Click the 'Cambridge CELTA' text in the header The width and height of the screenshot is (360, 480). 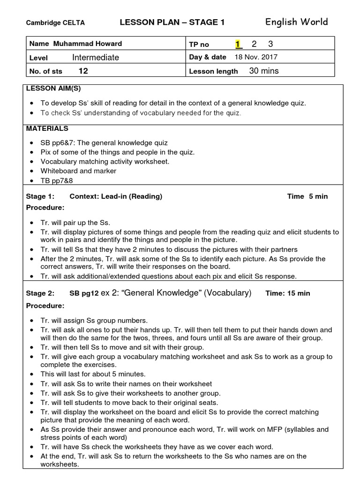point(55,23)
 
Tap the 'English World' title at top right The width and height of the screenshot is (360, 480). point(296,22)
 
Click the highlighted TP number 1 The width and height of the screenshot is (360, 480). point(238,44)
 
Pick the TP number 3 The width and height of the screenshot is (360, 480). point(270,44)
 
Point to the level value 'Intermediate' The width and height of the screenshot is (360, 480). point(96,57)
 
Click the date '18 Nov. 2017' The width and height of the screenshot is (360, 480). point(255,57)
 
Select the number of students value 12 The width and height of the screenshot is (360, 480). point(83,71)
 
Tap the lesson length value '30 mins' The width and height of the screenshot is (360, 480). point(264,71)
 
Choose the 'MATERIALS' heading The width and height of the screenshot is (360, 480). point(47,128)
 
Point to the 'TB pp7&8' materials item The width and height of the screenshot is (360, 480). point(55,180)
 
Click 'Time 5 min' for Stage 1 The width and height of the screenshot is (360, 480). point(307,196)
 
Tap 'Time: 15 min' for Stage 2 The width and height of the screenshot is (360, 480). point(288,293)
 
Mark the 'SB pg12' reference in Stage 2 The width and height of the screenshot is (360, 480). point(84,293)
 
